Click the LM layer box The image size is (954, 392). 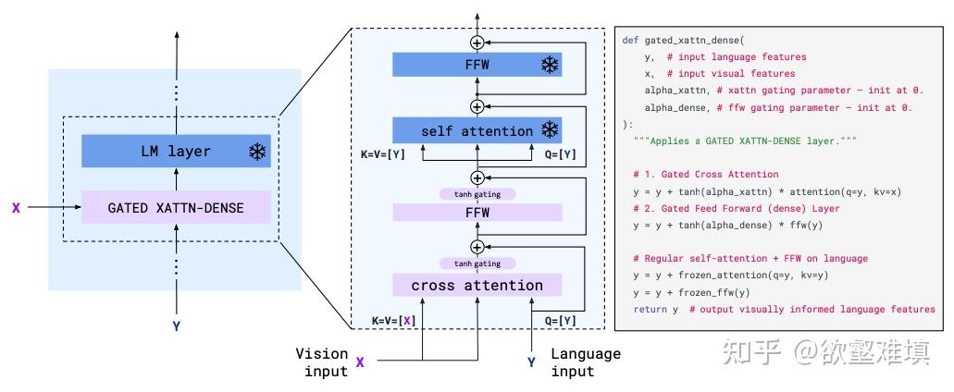(x=176, y=152)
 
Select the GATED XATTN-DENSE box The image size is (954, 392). (x=176, y=208)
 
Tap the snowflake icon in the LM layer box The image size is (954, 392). (x=256, y=153)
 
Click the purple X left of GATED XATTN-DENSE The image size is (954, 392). (x=16, y=208)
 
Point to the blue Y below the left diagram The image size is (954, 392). (x=176, y=325)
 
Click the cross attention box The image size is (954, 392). (x=477, y=285)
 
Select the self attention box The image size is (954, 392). (x=477, y=130)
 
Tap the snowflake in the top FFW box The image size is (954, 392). (x=550, y=65)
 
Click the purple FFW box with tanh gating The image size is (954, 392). (x=477, y=212)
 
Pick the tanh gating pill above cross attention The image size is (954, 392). (x=477, y=263)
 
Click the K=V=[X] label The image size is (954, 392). (x=394, y=320)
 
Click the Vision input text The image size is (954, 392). (x=321, y=362)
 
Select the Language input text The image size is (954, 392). (x=585, y=362)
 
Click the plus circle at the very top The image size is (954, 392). (x=477, y=43)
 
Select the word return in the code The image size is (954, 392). (x=650, y=309)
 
